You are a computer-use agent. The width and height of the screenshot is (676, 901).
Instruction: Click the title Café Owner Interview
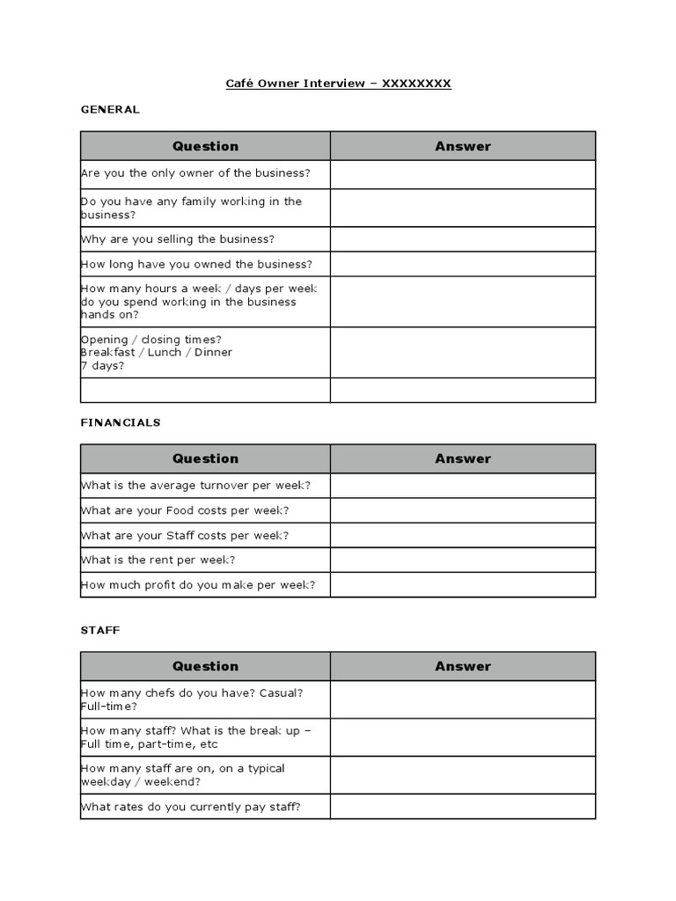pyautogui.click(x=338, y=84)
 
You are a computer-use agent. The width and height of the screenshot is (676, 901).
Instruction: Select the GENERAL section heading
pyautogui.click(x=110, y=109)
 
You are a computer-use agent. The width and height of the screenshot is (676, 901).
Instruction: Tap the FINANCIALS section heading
pyautogui.click(x=121, y=422)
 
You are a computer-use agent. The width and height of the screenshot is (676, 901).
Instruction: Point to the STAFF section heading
pyautogui.click(x=100, y=630)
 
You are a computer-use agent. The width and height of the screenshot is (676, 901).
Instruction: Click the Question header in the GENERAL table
pyautogui.click(x=205, y=146)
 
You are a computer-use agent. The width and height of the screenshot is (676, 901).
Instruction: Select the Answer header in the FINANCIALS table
pyautogui.click(x=463, y=458)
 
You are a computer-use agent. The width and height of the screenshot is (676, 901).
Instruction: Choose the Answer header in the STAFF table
pyautogui.click(x=463, y=666)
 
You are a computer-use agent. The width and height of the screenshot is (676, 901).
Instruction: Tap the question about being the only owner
pyautogui.click(x=195, y=173)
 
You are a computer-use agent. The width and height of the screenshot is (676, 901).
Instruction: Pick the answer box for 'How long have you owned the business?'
pyautogui.click(x=463, y=264)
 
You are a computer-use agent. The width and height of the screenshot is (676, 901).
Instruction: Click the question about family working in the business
pyautogui.click(x=191, y=208)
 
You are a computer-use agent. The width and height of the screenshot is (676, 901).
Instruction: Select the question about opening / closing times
pyautogui.click(x=157, y=352)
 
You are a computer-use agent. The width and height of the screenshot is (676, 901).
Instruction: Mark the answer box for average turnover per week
pyautogui.click(x=463, y=485)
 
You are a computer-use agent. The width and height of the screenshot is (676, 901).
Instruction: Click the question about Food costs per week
pyautogui.click(x=185, y=510)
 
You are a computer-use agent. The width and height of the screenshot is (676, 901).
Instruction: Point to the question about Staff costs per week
pyautogui.click(x=185, y=535)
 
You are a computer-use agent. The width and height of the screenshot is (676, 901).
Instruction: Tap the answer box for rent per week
pyautogui.click(x=463, y=560)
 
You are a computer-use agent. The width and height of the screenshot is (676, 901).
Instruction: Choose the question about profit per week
pyautogui.click(x=198, y=584)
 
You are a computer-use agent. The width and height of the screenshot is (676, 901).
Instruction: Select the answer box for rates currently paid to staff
pyautogui.click(x=463, y=806)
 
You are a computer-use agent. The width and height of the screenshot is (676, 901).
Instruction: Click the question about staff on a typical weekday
pyautogui.click(x=183, y=774)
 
